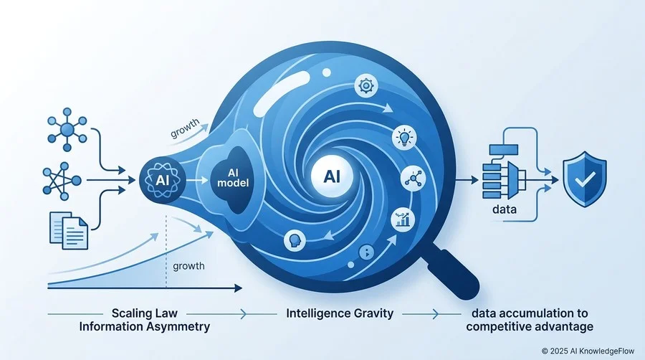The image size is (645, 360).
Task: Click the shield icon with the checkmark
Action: [585, 179]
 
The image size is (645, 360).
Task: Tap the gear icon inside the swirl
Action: [365, 86]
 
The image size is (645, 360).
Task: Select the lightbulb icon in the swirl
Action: [404, 138]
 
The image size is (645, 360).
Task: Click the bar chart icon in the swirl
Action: [403, 219]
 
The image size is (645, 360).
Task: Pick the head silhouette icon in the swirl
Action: [295, 241]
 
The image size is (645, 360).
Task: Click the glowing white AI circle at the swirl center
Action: [332, 176]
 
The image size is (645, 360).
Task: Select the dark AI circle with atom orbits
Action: [163, 180]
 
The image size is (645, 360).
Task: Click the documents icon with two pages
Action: [69, 230]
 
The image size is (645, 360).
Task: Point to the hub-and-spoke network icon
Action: [67, 130]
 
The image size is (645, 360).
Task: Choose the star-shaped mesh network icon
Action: [62, 181]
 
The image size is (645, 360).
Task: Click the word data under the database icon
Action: [505, 209]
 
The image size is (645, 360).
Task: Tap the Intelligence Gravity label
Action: [340, 313]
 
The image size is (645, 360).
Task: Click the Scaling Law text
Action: [145, 313]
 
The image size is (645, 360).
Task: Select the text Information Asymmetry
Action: [145, 327]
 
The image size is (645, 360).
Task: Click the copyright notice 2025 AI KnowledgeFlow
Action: [588, 351]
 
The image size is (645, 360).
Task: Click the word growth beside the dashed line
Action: [188, 266]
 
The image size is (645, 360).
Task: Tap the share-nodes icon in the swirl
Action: [413, 179]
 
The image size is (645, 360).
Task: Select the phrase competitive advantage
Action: [530, 327]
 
